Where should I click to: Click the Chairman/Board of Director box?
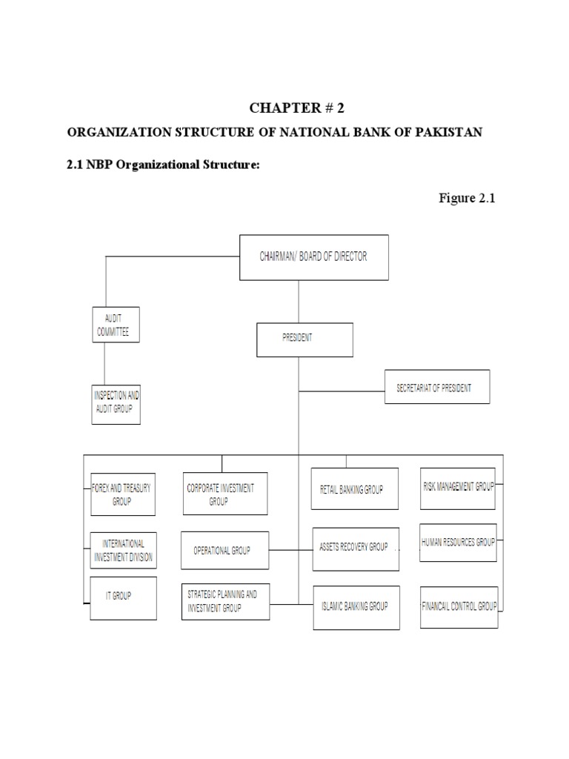[x=313, y=257]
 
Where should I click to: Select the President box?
[x=305, y=339]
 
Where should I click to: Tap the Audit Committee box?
[x=116, y=324]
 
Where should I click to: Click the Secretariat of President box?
[x=436, y=387]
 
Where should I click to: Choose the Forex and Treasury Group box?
[x=122, y=494]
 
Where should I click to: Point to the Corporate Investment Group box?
[x=225, y=494]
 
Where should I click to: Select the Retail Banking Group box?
[x=354, y=488]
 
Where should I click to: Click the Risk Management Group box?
[x=458, y=488]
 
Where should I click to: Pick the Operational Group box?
[x=225, y=551]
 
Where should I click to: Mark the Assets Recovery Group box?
[x=356, y=548]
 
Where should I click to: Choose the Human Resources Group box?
[x=458, y=543]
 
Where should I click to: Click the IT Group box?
[x=123, y=597]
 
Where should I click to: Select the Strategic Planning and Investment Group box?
[x=225, y=601]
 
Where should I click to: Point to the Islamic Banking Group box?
[x=356, y=607]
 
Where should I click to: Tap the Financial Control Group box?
[x=459, y=606]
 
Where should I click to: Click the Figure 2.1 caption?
[x=466, y=198]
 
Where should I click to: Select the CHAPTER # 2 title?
[x=297, y=108]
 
